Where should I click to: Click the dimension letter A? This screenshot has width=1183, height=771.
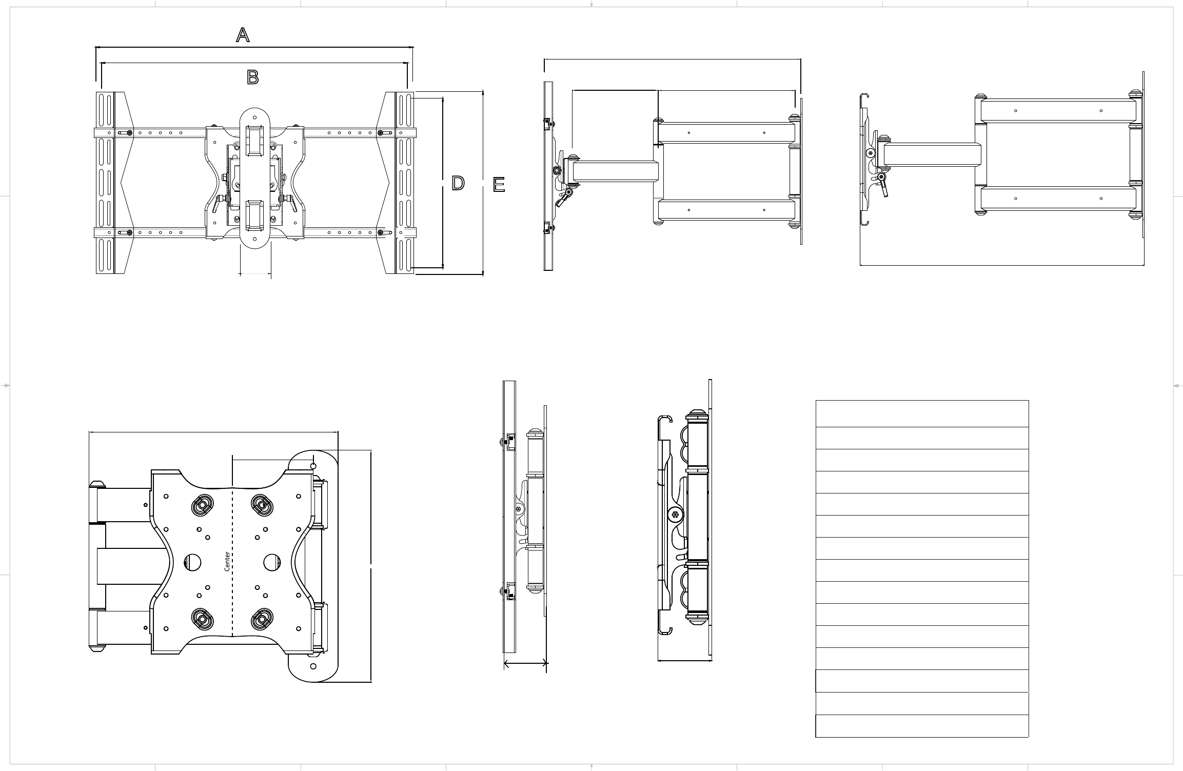(x=243, y=35)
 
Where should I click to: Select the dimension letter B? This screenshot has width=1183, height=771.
(x=253, y=77)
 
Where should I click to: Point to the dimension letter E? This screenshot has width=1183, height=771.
(x=499, y=185)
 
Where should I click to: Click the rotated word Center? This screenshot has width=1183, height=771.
(x=227, y=562)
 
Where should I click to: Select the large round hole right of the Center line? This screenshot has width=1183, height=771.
(x=272, y=563)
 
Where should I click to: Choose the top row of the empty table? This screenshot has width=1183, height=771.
(x=922, y=413)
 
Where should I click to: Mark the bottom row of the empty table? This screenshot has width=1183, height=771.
(x=922, y=726)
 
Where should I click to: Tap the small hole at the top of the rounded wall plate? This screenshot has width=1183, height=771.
(x=314, y=465)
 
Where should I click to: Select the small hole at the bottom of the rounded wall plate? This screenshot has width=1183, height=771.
(x=314, y=666)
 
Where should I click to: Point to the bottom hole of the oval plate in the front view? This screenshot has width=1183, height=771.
(x=255, y=239)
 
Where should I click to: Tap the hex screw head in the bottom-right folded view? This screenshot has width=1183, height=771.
(x=675, y=515)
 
